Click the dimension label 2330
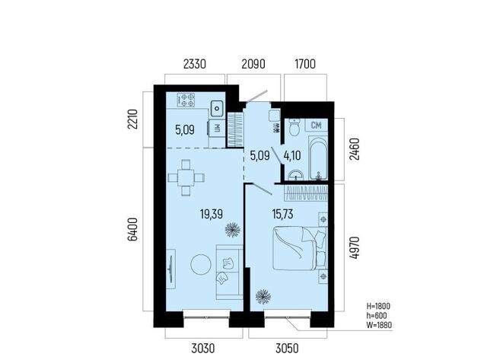pos(195,64)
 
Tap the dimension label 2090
pos(253,64)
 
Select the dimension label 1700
pos(305,64)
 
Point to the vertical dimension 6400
pos(132,229)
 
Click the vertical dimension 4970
pos(354,247)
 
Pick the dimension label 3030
pos(203,348)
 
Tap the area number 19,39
pos(212,214)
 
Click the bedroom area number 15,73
pos(282,214)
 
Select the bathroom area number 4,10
pos(292,155)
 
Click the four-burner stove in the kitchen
pos(186,100)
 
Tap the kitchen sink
pos(217,109)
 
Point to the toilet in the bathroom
pos(294,127)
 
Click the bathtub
pos(318,159)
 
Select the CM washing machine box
pos(317,125)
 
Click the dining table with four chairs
pos(186,177)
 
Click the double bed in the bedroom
pos(300,248)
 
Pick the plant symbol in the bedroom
pos(263,297)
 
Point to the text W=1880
pos(379,325)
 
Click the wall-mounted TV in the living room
pos(170,269)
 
